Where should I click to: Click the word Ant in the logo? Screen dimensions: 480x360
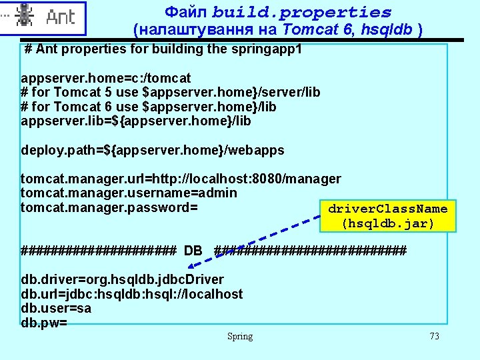[x=61, y=18]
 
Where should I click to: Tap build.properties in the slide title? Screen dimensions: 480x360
[x=302, y=12]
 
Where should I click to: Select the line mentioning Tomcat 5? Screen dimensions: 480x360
[x=171, y=93]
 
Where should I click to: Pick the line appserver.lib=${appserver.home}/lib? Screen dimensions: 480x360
[x=136, y=121]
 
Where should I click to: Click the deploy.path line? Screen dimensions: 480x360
[x=153, y=150]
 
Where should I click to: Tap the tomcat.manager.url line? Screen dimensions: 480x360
[x=181, y=179]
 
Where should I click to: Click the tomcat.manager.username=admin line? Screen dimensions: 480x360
[x=129, y=193]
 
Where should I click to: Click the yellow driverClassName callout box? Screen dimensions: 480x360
[x=387, y=216]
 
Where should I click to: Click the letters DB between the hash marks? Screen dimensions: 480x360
[x=193, y=251]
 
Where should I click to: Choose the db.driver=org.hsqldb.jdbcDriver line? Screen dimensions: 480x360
[x=123, y=279]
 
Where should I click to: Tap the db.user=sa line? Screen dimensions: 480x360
[x=56, y=309]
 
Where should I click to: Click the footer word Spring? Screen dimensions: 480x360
[x=240, y=337]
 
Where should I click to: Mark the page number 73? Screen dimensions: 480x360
[x=434, y=337]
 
